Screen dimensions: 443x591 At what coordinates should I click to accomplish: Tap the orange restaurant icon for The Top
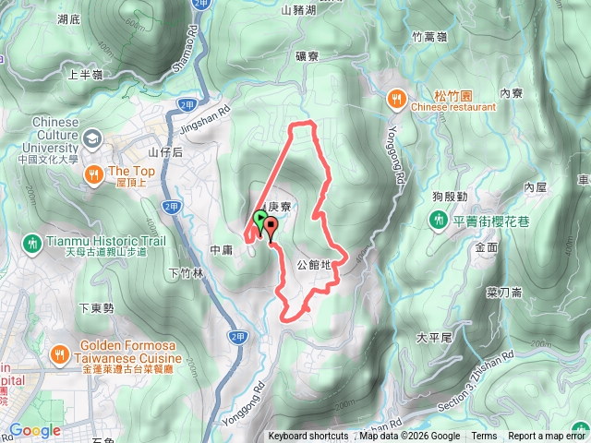[x=93, y=173]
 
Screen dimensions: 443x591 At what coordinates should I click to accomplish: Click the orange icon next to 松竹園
[x=396, y=95]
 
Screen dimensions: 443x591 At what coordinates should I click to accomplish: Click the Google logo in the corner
[x=35, y=430]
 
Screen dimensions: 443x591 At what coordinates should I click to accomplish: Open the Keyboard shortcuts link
[x=308, y=437]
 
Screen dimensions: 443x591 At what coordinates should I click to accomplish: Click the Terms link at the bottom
[x=484, y=437]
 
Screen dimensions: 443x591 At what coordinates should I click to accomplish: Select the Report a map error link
[x=548, y=437]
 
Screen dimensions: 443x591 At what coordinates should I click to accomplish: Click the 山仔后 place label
[x=166, y=151]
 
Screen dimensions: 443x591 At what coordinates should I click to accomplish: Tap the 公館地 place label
[x=314, y=264]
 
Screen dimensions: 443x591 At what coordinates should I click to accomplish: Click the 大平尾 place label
[x=432, y=338]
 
